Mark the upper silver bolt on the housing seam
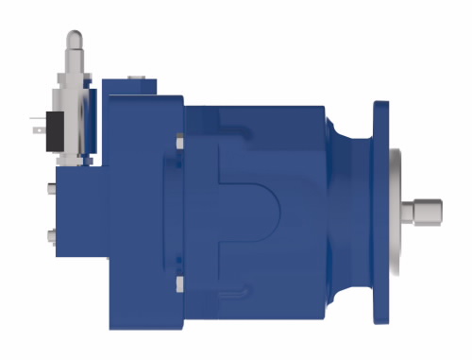(x=179, y=143)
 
